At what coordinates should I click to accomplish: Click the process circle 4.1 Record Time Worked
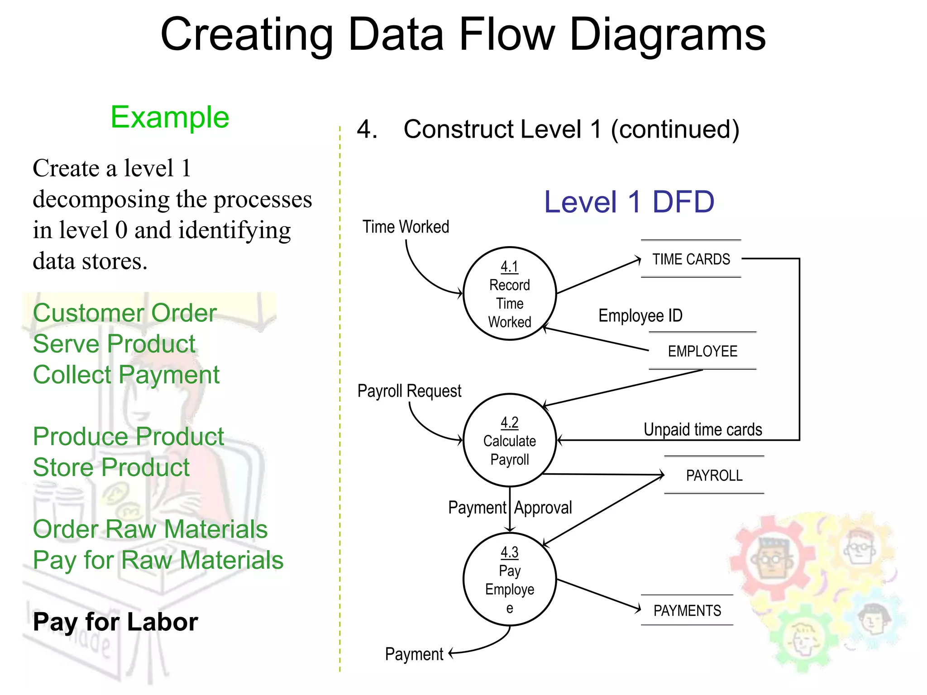point(510,293)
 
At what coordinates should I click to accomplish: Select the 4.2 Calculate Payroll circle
point(510,440)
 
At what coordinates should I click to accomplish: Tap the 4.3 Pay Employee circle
point(510,579)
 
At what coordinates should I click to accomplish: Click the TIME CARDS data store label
point(691,259)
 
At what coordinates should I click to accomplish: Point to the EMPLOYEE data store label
point(702,351)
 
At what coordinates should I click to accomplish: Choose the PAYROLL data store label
point(714,476)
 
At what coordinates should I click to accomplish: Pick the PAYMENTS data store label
point(687,610)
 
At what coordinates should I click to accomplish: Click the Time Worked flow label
point(406,227)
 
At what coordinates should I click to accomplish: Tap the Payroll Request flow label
point(409,391)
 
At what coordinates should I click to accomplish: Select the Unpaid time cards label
point(702,429)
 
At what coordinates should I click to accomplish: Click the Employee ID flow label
point(640,315)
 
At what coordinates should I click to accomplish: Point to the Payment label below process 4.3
point(414,654)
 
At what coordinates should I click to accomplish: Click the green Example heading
point(170,117)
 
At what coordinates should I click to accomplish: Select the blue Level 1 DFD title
point(629,202)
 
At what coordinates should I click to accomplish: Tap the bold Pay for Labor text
point(115,622)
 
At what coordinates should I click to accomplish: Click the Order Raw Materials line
point(150,529)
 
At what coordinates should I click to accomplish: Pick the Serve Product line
point(114,344)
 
